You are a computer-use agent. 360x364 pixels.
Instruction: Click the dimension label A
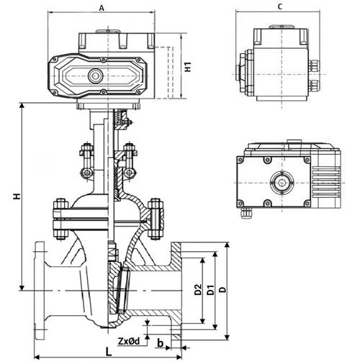[x=102, y=8]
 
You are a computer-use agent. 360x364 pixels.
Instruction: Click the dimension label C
[x=280, y=6]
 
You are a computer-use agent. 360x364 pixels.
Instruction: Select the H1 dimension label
[x=188, y=67]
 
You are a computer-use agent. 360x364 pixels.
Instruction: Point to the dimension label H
[x=17, y=196]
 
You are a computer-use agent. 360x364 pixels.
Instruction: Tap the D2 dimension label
[x=198, y=289]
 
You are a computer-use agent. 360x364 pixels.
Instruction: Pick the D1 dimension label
[x=210, y=290]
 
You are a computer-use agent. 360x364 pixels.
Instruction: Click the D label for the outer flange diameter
[x=223, y=289]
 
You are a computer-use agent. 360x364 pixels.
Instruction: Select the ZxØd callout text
[x=129, y=341]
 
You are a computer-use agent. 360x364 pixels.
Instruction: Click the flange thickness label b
[x=160, y=343]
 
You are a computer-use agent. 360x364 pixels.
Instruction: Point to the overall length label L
[x=109, y=352]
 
